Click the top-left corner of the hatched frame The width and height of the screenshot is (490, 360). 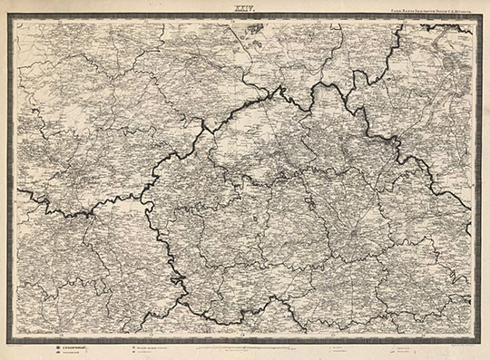pyautogui.click(x=9, y=15)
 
